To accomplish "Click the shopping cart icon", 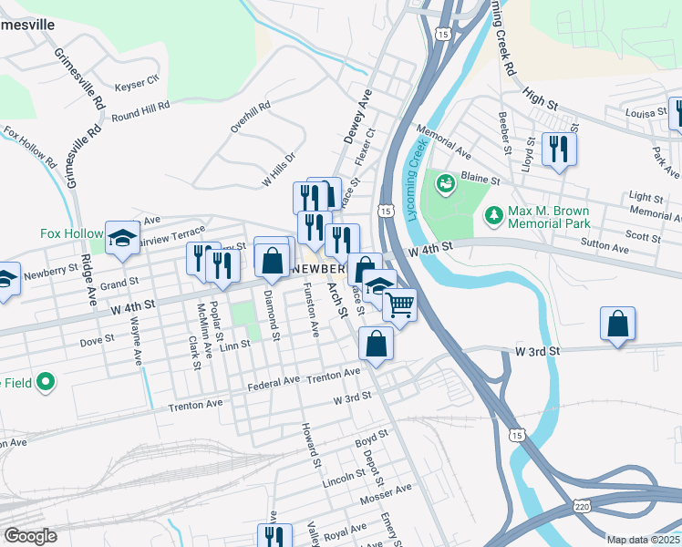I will coord(398,305).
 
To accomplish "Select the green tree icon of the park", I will coord(493,215).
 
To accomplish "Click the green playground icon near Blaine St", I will coord(445,185).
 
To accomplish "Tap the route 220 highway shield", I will coord(581,506).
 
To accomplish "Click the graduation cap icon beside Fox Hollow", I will coord(121,238).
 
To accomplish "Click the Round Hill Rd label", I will coord(140,112).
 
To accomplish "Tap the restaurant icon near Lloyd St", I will coord(558,149).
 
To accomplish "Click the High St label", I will coord(539,96).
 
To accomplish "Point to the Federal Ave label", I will coord(274,383).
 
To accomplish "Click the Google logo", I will coord(31,536).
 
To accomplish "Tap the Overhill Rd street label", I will coord(251,118).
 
